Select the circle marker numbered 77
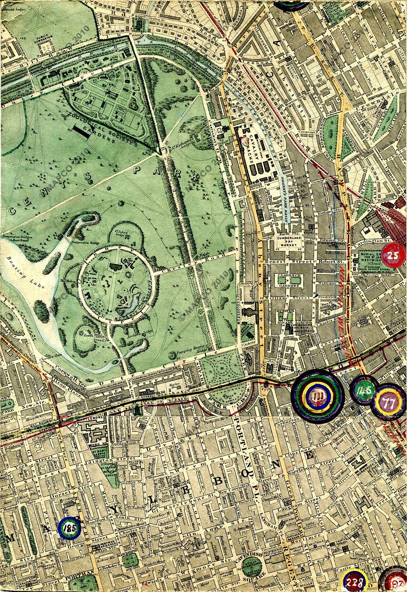click(389, 403)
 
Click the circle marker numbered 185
click(70, 528)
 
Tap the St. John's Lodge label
click(123, 233)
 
